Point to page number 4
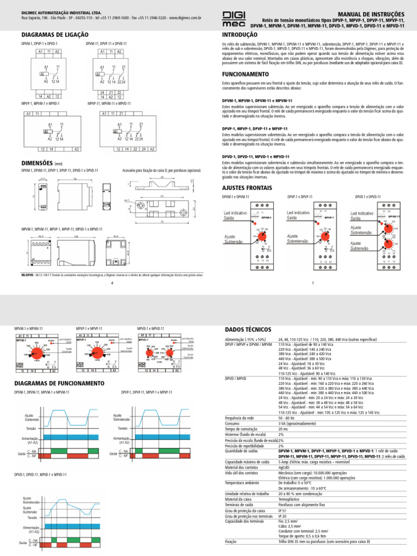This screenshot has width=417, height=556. [111, 283]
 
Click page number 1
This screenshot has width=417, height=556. [313, 283]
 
